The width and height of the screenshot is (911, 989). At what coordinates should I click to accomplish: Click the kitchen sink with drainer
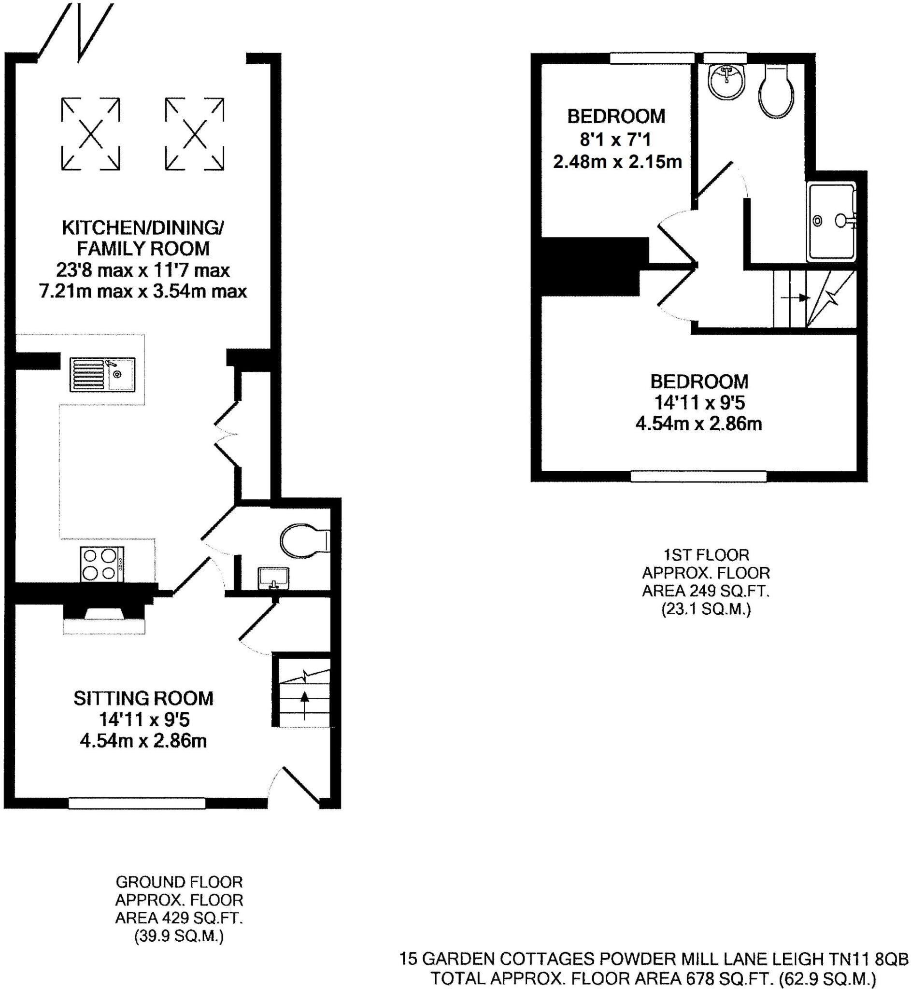pos(102,374)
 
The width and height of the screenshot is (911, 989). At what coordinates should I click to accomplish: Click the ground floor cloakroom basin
pos(273,578)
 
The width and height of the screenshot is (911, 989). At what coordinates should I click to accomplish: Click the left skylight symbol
pos(91,134)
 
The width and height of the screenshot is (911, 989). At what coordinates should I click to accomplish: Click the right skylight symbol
pos(194,134)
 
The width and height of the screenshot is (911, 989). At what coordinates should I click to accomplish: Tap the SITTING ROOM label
pos(143,698)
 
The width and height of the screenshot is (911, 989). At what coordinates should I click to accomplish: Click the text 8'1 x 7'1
pos(615,140)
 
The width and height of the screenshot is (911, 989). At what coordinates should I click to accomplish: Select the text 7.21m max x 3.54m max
pos(143,291)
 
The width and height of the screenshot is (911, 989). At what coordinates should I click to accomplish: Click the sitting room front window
pos(137,804)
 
